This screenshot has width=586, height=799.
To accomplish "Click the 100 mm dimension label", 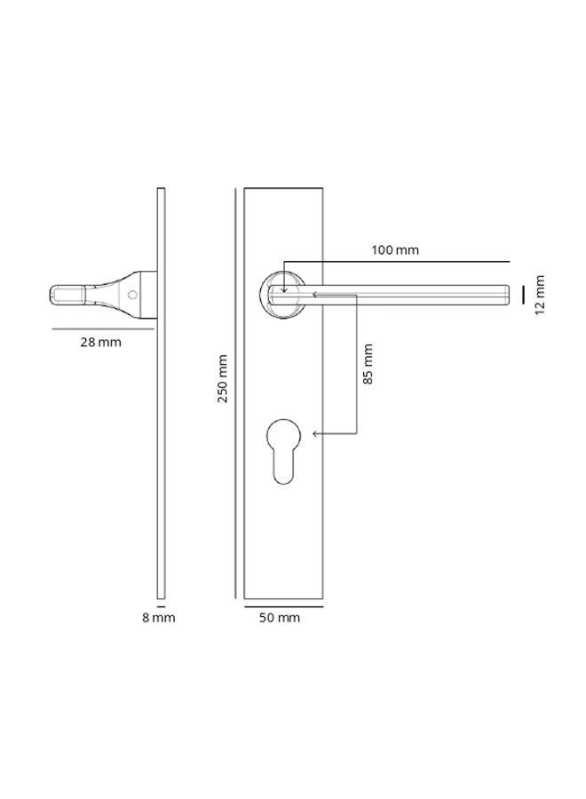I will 395,250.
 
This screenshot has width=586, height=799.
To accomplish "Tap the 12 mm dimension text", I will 541,294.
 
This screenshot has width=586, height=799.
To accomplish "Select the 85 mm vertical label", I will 368,364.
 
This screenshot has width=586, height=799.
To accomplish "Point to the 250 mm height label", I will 224,378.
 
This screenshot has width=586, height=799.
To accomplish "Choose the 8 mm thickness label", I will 159,618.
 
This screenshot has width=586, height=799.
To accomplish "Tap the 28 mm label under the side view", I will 100,342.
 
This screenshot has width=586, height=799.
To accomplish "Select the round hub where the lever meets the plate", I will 283,295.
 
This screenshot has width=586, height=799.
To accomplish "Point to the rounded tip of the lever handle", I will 504,295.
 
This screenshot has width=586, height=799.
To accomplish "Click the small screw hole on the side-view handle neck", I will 132,294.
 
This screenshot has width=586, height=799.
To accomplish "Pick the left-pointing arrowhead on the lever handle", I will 315,295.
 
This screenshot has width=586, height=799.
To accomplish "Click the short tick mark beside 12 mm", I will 524,294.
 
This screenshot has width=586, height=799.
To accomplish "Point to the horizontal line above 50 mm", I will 283,606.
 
